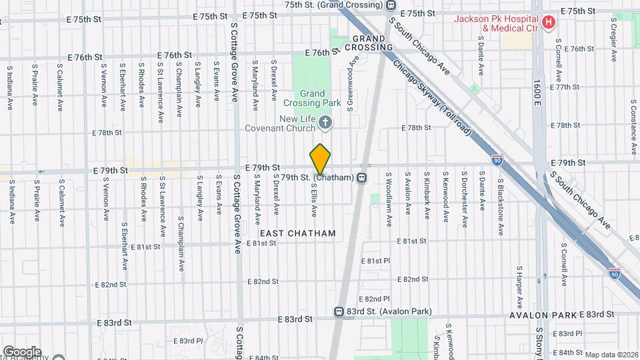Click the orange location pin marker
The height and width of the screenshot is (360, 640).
point(321,159)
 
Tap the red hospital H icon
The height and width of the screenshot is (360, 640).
point(549,23)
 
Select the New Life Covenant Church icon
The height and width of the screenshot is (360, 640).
point(325,121)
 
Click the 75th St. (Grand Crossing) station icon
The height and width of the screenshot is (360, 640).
point(391,5)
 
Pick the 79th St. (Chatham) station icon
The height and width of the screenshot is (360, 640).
point(361,177)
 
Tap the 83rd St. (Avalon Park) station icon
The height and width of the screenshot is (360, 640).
point(339,311)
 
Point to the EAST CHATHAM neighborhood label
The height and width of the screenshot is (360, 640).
point(297,233)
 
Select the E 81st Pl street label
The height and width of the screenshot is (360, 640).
point(373,260)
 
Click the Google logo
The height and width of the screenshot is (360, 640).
point(22,352)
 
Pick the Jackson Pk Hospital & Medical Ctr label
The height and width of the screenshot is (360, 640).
point(497,23)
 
